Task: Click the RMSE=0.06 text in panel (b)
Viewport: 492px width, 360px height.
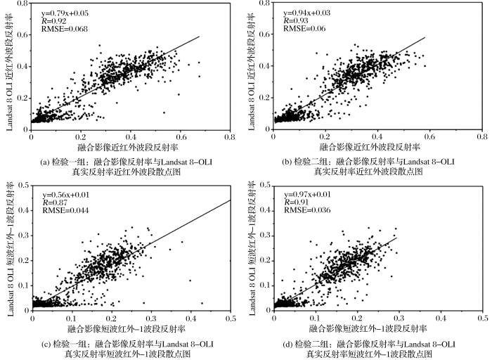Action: point(298,29)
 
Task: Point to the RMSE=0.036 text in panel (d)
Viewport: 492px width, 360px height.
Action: point(301,210)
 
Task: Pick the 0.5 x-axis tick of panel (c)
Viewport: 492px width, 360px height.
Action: point(231,318)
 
